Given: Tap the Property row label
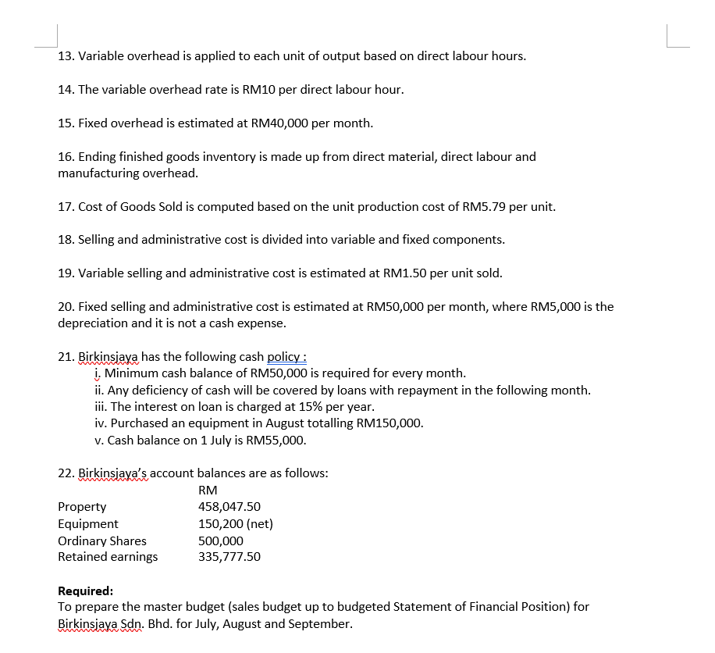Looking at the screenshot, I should click(82, 507).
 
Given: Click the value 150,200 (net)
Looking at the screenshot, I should click(236, 524).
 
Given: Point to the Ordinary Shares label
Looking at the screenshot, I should click(102, 541).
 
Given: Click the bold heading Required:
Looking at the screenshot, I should click(86, 591).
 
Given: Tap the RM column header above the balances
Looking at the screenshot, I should click(208, 491).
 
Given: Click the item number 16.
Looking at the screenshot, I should click(66, 157).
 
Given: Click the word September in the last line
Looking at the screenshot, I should click(320, 623).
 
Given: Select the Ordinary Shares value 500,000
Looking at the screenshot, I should click(221, 541).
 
